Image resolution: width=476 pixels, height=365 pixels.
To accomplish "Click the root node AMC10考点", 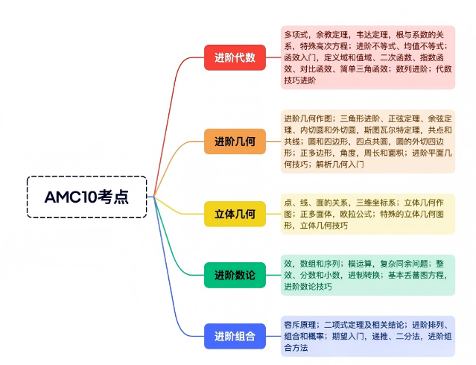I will pyautogui.click(x=86, y=197).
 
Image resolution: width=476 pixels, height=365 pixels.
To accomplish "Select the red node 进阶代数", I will pyautogui.click(x=235, y=57).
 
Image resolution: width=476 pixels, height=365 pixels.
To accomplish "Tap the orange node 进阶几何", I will pyautogui.click(x=235, y=141).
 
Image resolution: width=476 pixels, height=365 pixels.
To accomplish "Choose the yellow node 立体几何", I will pyautogui.click(x=235, y=215).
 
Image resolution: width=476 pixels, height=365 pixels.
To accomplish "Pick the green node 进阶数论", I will pyautogui.click(x=235, y=276).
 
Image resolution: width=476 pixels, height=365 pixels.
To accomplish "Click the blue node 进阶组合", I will pyautogui.click(x=235, y=336).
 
